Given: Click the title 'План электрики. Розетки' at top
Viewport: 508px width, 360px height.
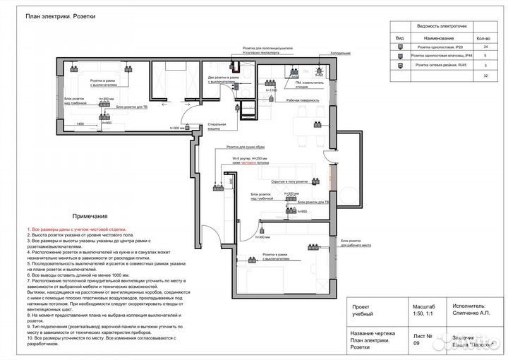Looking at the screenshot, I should tap(60, 16).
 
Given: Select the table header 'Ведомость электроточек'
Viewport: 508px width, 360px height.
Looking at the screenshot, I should tap(442, 25).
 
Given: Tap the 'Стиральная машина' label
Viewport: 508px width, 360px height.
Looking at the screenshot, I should tap(216, 126).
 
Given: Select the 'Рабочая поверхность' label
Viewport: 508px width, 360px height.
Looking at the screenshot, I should tap(300, 101).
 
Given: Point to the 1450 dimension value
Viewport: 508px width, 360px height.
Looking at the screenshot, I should tap(80, 124).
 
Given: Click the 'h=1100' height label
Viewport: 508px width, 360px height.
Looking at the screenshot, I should tap(271, 90).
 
